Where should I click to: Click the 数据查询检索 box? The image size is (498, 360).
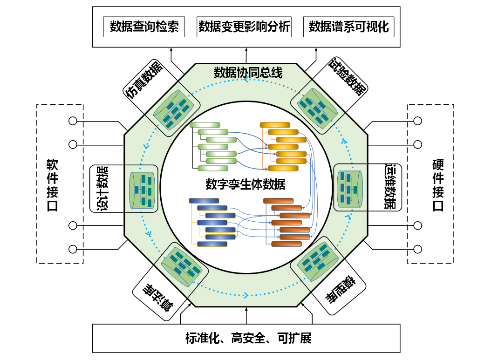tap(144, 27)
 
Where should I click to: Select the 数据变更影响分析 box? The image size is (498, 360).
tap(244, 27)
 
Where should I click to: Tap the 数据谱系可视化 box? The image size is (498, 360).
tap(349, 27)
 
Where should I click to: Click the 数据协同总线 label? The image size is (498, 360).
tap(248, 73)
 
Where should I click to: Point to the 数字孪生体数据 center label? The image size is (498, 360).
tap(245, 184)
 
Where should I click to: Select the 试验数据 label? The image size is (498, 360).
tap(348, 77)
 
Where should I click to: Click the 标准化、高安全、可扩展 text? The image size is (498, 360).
tap(248, 338)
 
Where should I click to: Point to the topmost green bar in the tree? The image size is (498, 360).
tap(205, 125)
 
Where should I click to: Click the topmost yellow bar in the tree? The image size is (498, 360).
tap(275, 125)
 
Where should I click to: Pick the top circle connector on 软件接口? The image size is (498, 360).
tap(73, 121)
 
